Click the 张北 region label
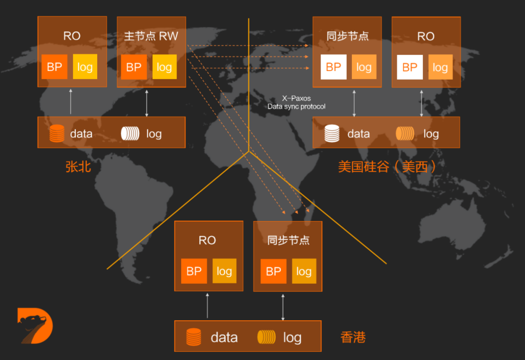tap(78, 167)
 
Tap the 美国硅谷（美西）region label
tap(387, 167)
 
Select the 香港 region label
tap(353, 337)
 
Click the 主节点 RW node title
tap(151, 36)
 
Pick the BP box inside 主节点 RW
tap(134, 67)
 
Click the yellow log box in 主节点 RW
tap(164, 67)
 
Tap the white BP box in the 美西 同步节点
tap(333, 67)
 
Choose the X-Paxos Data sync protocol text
tap(297, 103)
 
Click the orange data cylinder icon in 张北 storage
tap(57, 134)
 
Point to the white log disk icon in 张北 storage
tap(130, 134)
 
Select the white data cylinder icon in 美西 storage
tap(332, 134)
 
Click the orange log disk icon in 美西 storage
tap(404, 134)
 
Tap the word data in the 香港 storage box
tap(224, 337)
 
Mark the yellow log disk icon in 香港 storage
tap(266, 337)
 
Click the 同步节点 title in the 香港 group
tap(288, 240)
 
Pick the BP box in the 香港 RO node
tap(194, 271)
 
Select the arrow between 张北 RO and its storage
tap(71, 102)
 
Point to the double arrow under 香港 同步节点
tap(283, 306)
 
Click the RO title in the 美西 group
tap(426, 36)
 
